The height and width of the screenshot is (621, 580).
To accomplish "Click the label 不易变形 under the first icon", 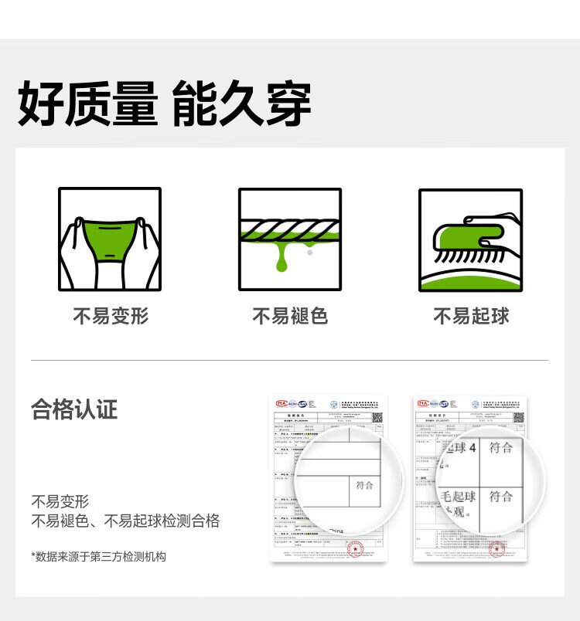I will click(x=110, y=317).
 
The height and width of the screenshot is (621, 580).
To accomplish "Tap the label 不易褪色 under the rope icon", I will click(x=290, y=317).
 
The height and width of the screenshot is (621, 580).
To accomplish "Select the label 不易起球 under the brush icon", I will click(x=470, y=317).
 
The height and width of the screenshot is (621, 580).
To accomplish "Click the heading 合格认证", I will click(x=74, y=409).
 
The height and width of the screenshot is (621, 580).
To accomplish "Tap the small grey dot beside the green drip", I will click(x=309, y=251).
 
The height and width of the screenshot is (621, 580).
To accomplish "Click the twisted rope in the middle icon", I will click(x=290, y=229).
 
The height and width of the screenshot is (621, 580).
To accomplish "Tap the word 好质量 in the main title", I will click(x=87, y=105).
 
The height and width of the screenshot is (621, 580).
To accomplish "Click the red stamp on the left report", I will click(x=354, y=550).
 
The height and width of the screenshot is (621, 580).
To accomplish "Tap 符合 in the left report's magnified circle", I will click(x=364, y=485).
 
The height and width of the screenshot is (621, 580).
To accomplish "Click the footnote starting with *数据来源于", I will click(x=98, y=556).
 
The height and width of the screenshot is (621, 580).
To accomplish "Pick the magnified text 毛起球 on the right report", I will click(x=458, y=495).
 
